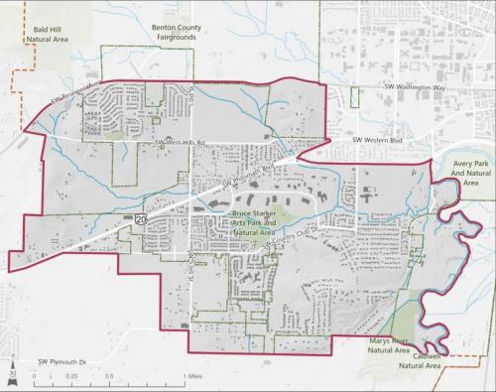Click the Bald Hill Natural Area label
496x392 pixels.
50,35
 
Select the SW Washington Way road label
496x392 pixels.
416,87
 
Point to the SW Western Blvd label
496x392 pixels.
383,141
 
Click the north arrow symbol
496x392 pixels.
11,374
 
